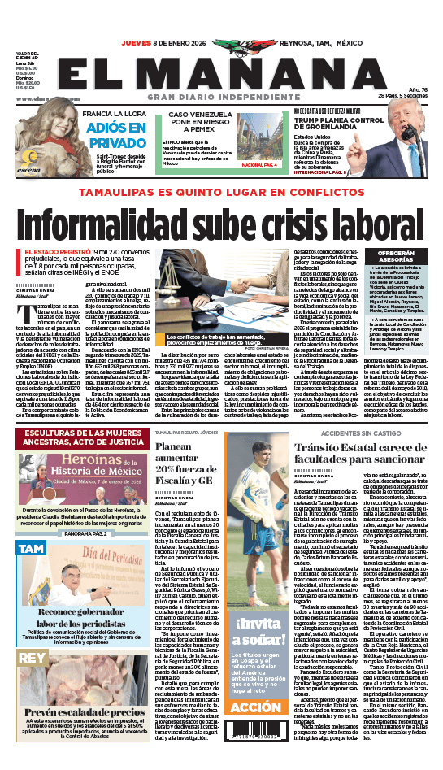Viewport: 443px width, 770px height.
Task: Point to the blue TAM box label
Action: [31, 549]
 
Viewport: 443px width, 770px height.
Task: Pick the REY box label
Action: [31, 655]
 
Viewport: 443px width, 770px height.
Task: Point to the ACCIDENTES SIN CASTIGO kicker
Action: [356, 433]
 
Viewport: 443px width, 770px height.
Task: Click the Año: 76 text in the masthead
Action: [417, 89]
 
